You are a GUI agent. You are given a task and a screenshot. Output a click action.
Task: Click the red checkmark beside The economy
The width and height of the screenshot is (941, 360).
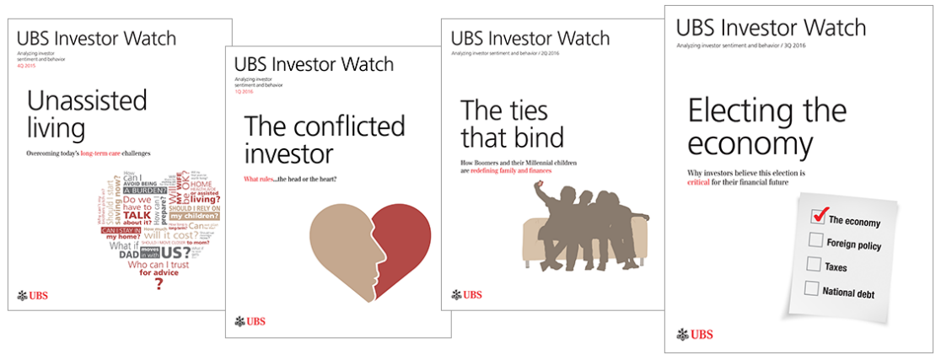tap(818, 215)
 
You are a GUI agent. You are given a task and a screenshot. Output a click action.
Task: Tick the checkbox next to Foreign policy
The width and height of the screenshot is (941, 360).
tap(815, 241)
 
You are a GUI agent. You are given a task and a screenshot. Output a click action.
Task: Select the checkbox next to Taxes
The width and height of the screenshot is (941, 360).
tap(814, 264)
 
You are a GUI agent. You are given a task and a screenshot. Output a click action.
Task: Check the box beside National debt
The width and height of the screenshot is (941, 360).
tap(812, 289)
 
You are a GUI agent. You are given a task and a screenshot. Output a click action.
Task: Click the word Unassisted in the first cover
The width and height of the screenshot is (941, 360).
tap(87, 100)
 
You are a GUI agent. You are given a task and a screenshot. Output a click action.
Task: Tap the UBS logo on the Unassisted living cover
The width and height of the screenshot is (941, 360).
tap(33, 295)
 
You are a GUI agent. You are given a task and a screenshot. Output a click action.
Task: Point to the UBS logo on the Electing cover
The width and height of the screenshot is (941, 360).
tap(694, 334)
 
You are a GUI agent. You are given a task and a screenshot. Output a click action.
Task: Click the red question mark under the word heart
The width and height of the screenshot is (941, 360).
tap(158, 285)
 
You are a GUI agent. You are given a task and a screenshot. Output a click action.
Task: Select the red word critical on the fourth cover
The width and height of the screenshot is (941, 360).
tap(705, 183)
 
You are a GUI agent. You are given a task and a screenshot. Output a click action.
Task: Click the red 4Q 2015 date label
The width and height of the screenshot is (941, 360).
tap(28, 65)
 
